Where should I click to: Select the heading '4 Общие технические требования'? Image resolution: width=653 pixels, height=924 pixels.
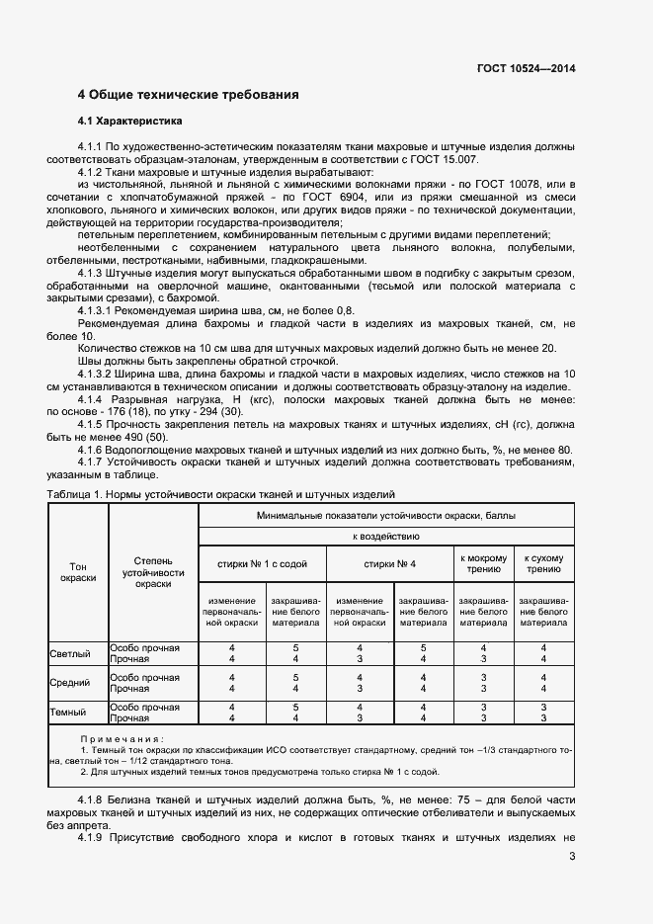pos(188,96)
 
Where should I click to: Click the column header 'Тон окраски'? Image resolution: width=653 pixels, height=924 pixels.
pos(77,571)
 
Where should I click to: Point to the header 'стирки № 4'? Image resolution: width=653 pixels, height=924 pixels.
pos(388,563)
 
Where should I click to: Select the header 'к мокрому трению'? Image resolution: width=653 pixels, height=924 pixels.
pos(483,563)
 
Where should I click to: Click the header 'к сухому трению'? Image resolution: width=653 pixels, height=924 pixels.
pos(543,563)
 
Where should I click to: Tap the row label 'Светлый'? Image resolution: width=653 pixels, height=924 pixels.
pos(70,653)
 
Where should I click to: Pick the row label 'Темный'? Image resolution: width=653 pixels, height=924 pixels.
pos(68,712)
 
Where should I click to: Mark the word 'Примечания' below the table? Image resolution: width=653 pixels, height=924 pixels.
pos(122,739)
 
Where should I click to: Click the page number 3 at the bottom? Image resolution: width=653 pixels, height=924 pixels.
pos(572,857)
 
